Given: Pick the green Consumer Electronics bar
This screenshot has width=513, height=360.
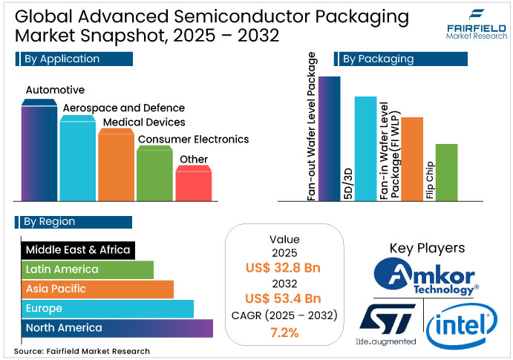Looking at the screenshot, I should [155, 174].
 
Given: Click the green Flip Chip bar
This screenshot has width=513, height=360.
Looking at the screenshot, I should [445, 172].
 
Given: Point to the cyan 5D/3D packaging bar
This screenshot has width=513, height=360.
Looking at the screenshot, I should [365, 148].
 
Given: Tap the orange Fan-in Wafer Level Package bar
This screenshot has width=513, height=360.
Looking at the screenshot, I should [411, 159].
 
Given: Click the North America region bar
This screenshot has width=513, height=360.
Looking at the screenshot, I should [115, 327].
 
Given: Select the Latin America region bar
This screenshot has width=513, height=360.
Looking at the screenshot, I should [85, 269].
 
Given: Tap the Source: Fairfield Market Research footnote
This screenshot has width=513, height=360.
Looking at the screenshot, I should [81, 351].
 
